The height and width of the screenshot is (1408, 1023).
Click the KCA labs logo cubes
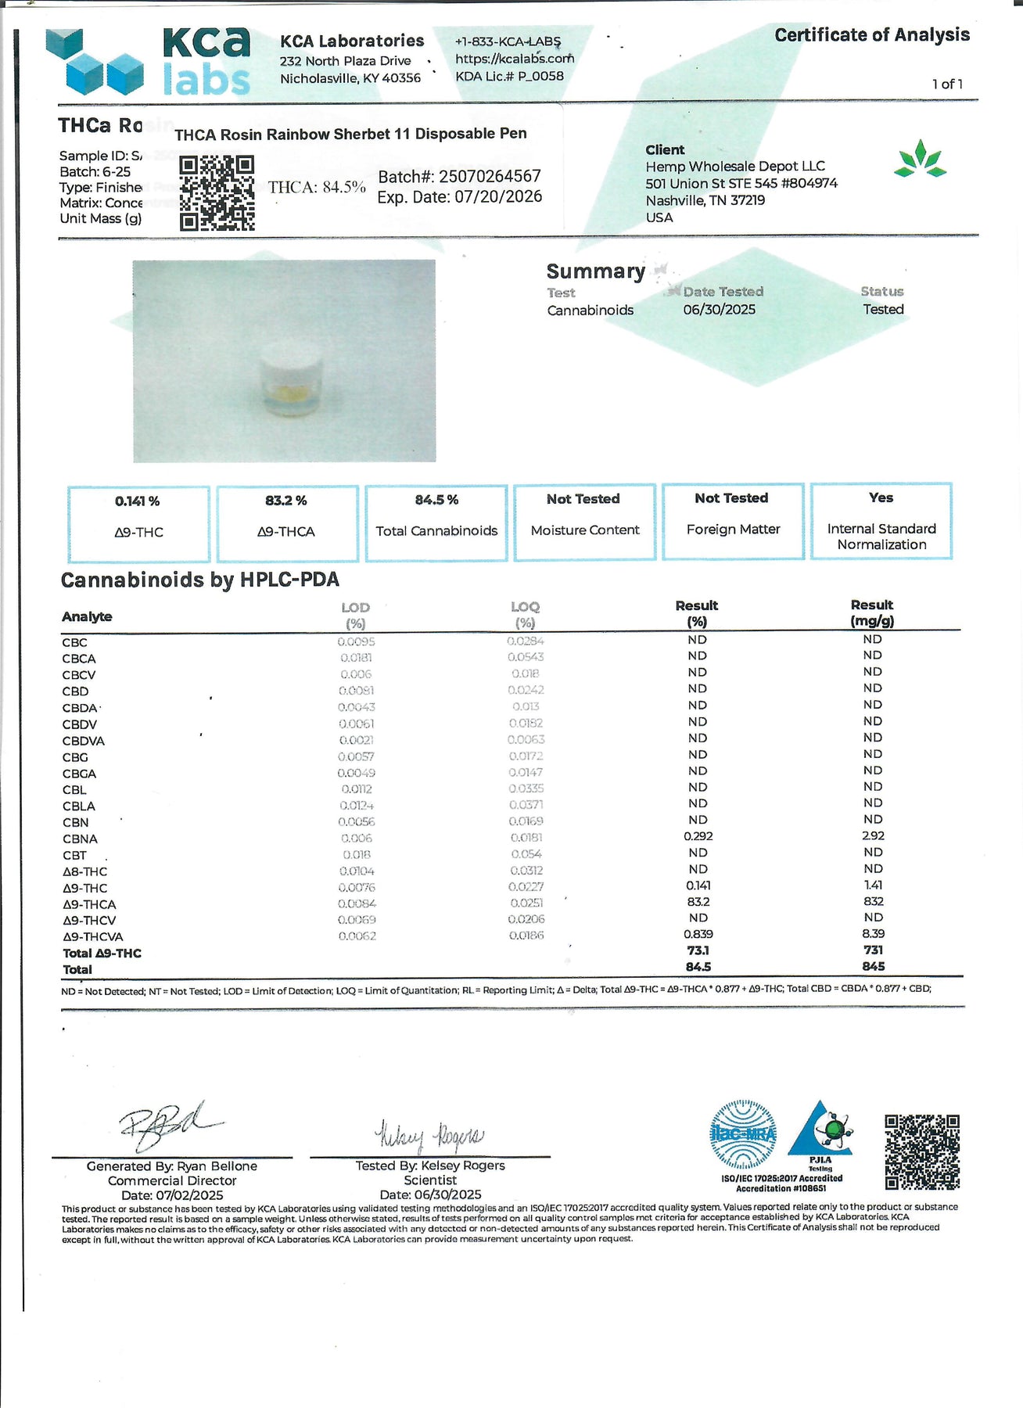click(x=95, y=63)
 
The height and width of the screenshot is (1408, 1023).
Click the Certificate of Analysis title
click(x=871, y=35)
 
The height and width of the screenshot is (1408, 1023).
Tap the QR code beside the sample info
click(x=217, y=192)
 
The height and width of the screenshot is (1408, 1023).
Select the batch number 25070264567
click(x=490, y=177)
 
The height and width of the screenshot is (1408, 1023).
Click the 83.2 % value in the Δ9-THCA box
click(x=286, y=501)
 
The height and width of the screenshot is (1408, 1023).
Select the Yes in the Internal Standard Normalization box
click(x=881, y=498)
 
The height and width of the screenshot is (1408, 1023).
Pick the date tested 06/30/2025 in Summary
click(x=719, y=310)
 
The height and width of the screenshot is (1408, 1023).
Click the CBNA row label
click(x=80, y=839)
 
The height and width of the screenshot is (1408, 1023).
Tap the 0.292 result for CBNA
click(x=698, y=836)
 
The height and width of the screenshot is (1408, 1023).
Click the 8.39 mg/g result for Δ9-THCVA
click(x=873, y=934)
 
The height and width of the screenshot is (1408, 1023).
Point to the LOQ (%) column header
click(x=525, y=615)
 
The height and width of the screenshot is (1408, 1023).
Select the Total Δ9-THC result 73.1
click(x=698, y=950)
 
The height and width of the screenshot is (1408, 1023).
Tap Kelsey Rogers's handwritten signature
click(x=429, y=1135)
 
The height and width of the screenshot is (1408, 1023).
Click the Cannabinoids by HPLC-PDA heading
click(x=200, y=580)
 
